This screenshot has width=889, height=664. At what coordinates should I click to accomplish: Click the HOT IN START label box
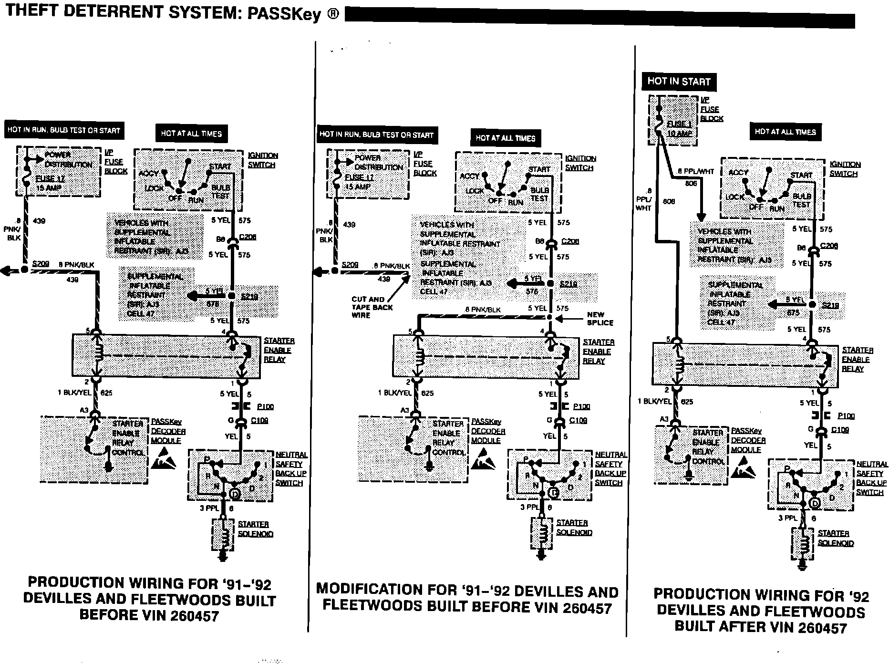pyautogui.click(x=679, y=82)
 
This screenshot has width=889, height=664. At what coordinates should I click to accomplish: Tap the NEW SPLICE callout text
pyautogui.click(x=600, y=319)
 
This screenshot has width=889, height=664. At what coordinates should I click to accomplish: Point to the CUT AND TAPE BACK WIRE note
pyautogui.click(x=372, y=307)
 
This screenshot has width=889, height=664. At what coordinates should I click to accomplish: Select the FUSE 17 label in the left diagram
pyautogui.click(x=50, y=178)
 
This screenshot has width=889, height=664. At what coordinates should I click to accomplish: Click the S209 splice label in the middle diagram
pyautogui.click(x=350, y=265)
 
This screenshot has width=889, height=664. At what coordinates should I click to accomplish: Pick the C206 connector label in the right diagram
pyautogui.click(x=829, y=246)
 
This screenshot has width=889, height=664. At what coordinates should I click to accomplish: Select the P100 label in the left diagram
pyautogui.click(x=265, y=407)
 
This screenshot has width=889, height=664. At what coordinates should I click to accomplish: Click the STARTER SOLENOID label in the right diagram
pyautogui.click(x=836, y=538)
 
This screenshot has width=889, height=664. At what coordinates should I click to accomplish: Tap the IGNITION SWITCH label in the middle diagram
pyautogui.click(x=580, y=163)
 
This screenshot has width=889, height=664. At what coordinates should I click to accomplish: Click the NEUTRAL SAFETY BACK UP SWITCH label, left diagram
pyautogui.click(x=291, y=468)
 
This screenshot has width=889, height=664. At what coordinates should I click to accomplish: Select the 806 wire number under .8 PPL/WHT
pyautogui.click(x=691, y=183)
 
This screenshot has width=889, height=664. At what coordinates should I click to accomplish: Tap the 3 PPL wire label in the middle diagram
pyautogui.click(x=529, y=507)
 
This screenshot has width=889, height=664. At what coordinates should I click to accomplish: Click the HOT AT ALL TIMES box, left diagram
pyautogui.click(x=191, y=134)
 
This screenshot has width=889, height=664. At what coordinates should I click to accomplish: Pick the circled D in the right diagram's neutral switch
pyautogui.click(x=815, y=503)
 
